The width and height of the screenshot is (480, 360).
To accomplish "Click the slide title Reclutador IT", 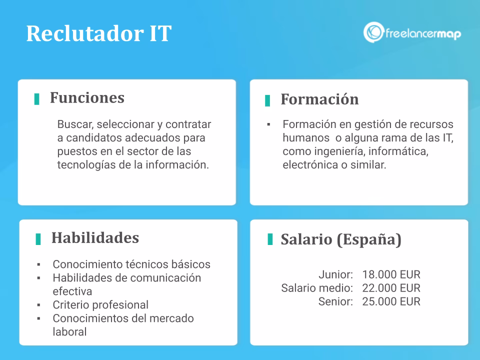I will pos(98,33).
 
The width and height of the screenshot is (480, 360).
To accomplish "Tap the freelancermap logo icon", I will pos(373,32).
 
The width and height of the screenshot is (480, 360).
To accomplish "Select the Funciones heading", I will pos(87,97).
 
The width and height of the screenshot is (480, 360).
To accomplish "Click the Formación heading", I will pos(319,99).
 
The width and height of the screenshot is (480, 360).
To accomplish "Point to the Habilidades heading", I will pos(95,237).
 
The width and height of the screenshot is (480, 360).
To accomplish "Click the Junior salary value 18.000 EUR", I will pos(391,274).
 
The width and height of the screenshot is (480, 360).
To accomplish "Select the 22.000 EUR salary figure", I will pos(391,288).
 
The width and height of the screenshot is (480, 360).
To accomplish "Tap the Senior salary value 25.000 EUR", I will pos(391,301).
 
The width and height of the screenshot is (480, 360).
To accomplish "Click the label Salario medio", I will pos(317,288).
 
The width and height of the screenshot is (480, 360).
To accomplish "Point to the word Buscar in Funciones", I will pos(73,124).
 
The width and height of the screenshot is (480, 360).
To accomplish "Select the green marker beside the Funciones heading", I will pos(36,99).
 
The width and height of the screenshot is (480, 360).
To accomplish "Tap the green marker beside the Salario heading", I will pos(270,239).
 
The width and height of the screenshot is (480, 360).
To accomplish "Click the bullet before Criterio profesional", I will pos(39,304).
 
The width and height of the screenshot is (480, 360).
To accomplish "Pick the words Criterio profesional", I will pos(100,304).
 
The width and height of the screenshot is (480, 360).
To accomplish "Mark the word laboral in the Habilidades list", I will pos(69,331).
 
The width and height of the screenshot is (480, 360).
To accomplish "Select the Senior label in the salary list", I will pos(335,301).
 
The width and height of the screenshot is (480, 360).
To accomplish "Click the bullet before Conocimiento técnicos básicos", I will pos(39,264).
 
